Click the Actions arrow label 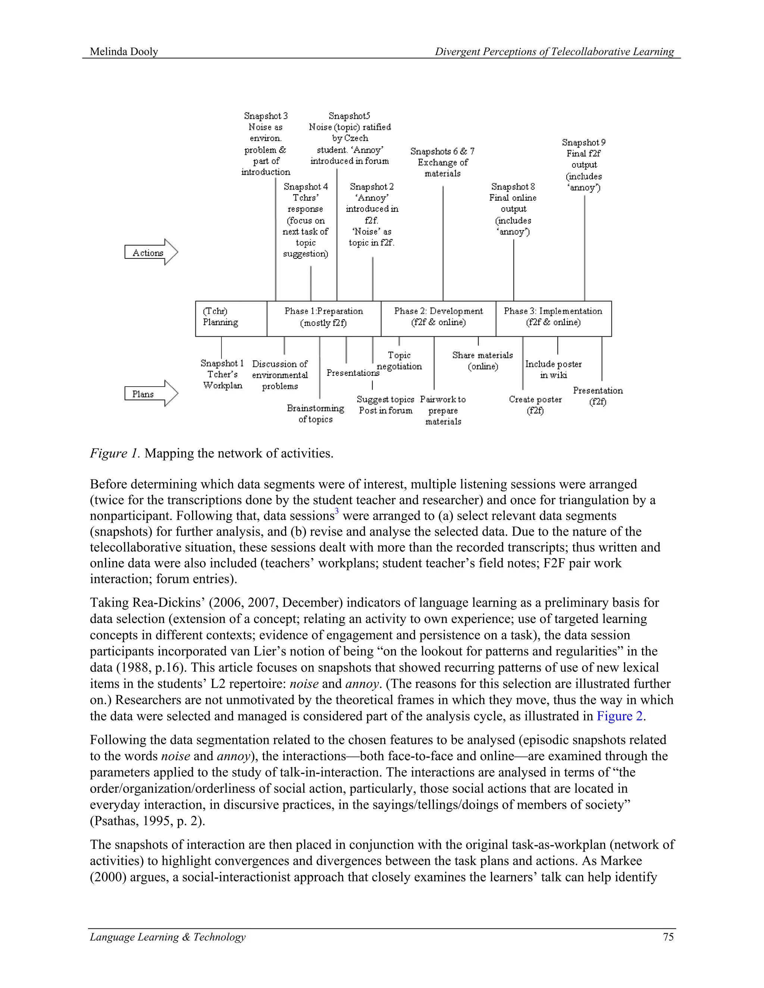click(x=148, y=253)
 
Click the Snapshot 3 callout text click(x=266, y=144)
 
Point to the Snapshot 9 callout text click(x=584, y=165)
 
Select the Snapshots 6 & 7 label click(x=442, y=162)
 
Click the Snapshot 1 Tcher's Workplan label click(x=222, y=374)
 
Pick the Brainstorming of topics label click(x=316, y=413)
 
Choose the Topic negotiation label click(x=399, y=361)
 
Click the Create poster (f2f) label click(x=535, y=405)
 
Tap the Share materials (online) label click(x=482, y=361)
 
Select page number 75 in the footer click(x=668, y=937)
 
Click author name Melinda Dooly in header click(x=124, y=51)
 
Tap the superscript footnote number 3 click(x=337, y=512)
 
